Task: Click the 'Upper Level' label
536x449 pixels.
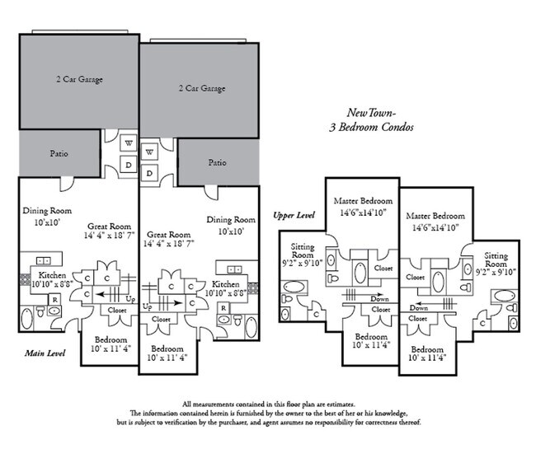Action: pos(294,215)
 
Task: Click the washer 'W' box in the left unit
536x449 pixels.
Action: pos(129,142)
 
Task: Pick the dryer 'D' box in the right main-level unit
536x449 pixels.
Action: pos(150,172)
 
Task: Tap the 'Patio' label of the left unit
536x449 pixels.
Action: pos(58,153)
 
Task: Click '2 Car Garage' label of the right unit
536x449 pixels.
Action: pos(202,87)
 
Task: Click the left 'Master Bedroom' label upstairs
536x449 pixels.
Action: pos(363,200)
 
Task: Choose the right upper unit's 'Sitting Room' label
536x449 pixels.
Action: pos(496,260)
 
